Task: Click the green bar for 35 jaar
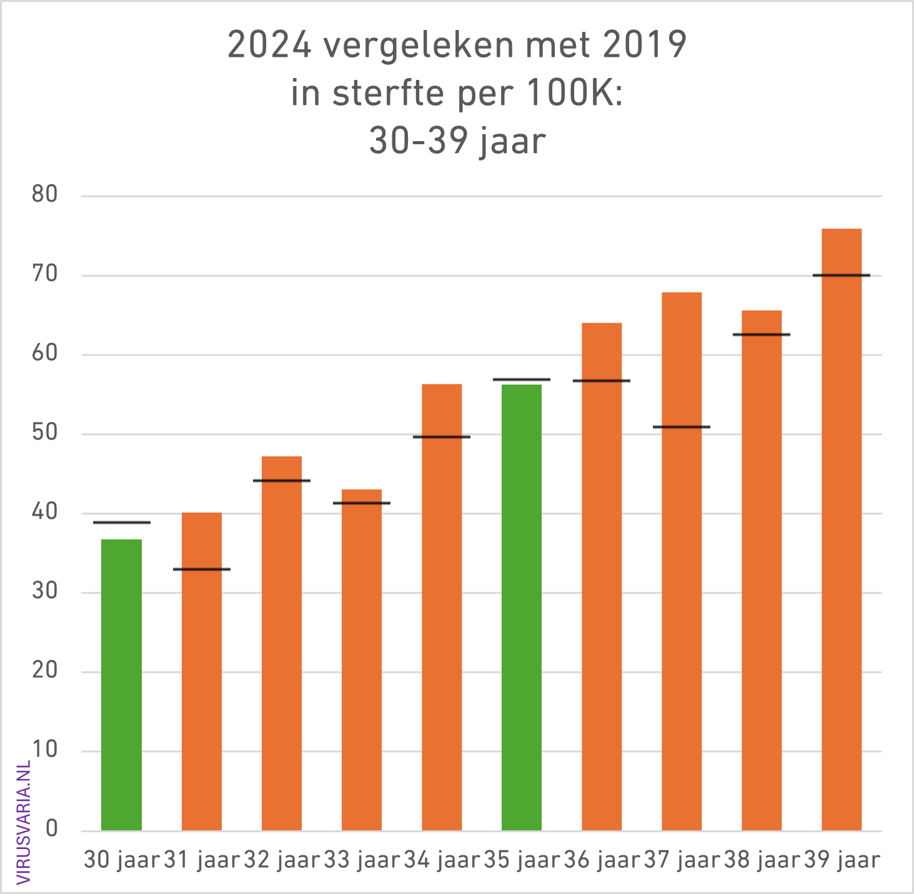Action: (x=522, y=607)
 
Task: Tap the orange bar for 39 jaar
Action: (x=842, y=529)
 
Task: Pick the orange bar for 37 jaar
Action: (x=682, y=561)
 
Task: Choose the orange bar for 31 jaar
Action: (x=202, y=671)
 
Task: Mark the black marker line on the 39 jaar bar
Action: (x=842, y=275)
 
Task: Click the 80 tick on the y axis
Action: (x=45, y=195)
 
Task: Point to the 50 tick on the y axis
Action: (x=45, y=433)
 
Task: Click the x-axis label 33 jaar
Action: (x=362, y=860)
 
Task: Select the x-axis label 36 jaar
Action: (x=602, y=860)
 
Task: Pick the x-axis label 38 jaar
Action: (x=762, y=860)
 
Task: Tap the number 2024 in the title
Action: (x=269, y=46)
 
